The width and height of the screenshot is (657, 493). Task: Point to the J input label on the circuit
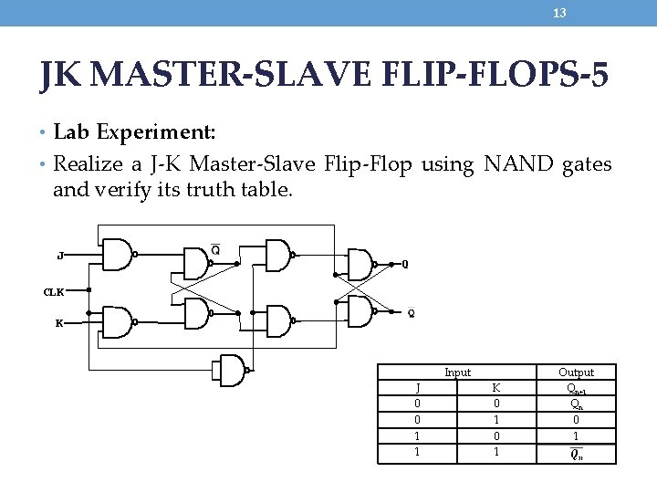tap(60, 257)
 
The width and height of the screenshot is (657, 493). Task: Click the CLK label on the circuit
tap(55, 291)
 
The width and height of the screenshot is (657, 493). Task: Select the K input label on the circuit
tap(60, 322)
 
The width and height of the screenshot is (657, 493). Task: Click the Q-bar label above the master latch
tap(215, 250)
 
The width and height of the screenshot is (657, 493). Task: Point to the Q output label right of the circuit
tap(405, 266)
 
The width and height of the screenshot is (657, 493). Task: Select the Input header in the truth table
tap(457, 372)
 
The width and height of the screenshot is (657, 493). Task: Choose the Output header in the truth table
tap(576, 372)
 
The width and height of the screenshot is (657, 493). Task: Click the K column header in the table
tap(496, 387)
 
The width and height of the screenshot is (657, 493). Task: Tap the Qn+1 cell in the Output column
tap(576, 387)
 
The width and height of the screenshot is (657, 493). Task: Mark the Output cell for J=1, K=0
tap(576, 436)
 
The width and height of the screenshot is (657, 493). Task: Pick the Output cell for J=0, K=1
tap(576, 420)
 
